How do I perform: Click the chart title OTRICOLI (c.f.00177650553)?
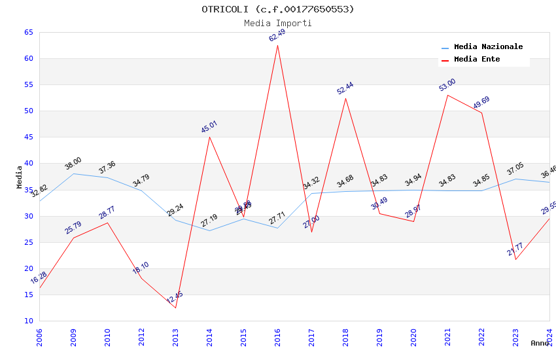277,9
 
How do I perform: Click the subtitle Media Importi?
277,24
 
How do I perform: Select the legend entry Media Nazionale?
488,47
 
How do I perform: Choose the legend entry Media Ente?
477,60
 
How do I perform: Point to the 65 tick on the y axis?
28,33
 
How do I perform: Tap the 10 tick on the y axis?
28,321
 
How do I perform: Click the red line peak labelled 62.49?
277,45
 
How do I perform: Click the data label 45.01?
209,127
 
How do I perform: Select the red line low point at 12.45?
175,308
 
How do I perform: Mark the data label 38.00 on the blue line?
73,164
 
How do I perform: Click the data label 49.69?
481,103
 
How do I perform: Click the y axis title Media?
20,177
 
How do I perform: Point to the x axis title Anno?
540,343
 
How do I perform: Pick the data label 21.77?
515,249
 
